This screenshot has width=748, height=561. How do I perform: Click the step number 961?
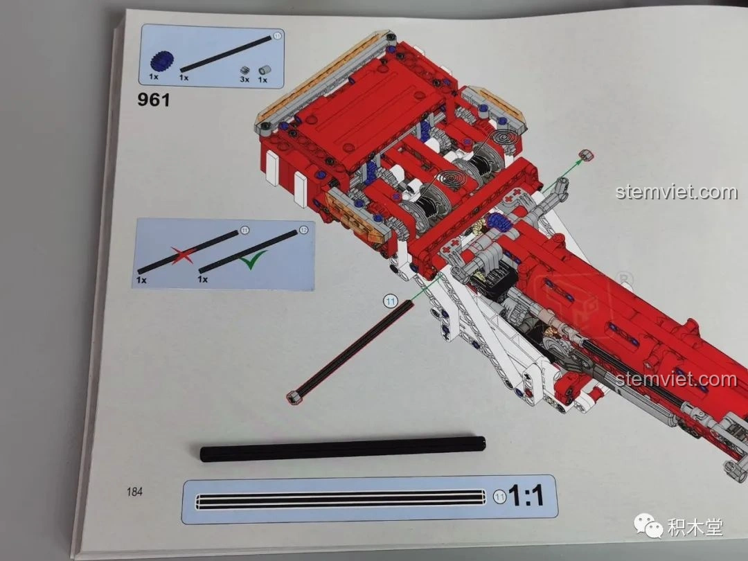[154, 100]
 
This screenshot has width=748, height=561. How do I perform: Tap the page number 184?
[134, 491]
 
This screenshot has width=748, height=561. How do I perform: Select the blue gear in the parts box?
[161, 61]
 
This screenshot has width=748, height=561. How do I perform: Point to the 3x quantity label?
[244, 80]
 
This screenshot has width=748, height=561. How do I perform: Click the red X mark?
[182, 254]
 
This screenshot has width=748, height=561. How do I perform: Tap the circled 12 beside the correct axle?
[304, 231]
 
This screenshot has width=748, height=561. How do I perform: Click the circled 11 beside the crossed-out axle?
[244, 231]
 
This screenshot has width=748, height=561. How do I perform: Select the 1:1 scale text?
[526, 495]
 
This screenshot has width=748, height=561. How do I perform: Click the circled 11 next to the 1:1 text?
[499, 497]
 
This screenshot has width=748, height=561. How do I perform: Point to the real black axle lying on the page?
[343, 448]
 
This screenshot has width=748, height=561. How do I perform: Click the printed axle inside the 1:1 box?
[341, 499]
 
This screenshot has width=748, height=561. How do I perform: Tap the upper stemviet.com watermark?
[677, 192]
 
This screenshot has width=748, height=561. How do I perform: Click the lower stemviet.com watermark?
[676, 380]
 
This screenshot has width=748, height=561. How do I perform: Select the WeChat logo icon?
[648, 525]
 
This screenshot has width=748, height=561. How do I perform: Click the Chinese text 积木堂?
[695, 527]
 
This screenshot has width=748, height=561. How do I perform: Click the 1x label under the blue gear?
[154, 76]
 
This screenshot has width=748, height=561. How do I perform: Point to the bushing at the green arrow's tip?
[587, 155]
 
